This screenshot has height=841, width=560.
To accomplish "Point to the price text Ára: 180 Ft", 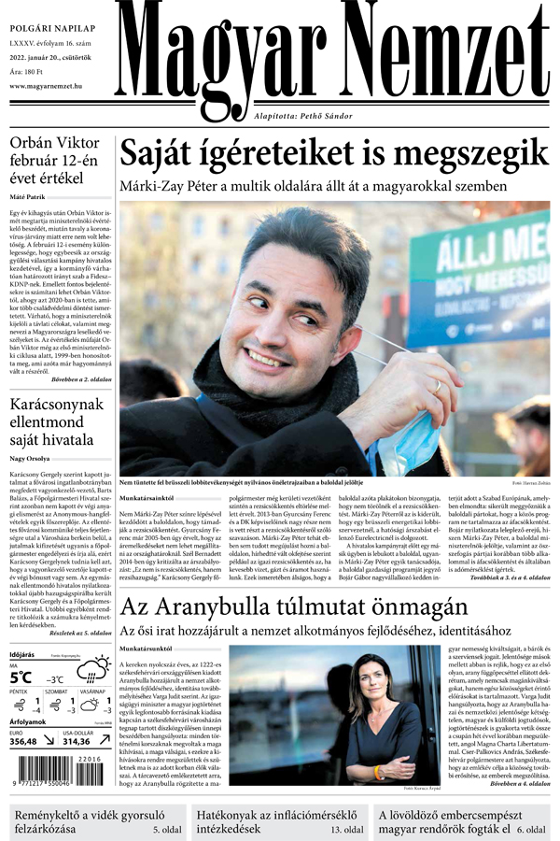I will (x=28, y=69).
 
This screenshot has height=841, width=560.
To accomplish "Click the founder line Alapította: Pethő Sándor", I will (x=302, y=116).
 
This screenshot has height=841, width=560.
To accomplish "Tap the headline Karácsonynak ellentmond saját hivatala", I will (x=56, y=423).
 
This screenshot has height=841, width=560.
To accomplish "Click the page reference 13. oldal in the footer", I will (x=345, y=829).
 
